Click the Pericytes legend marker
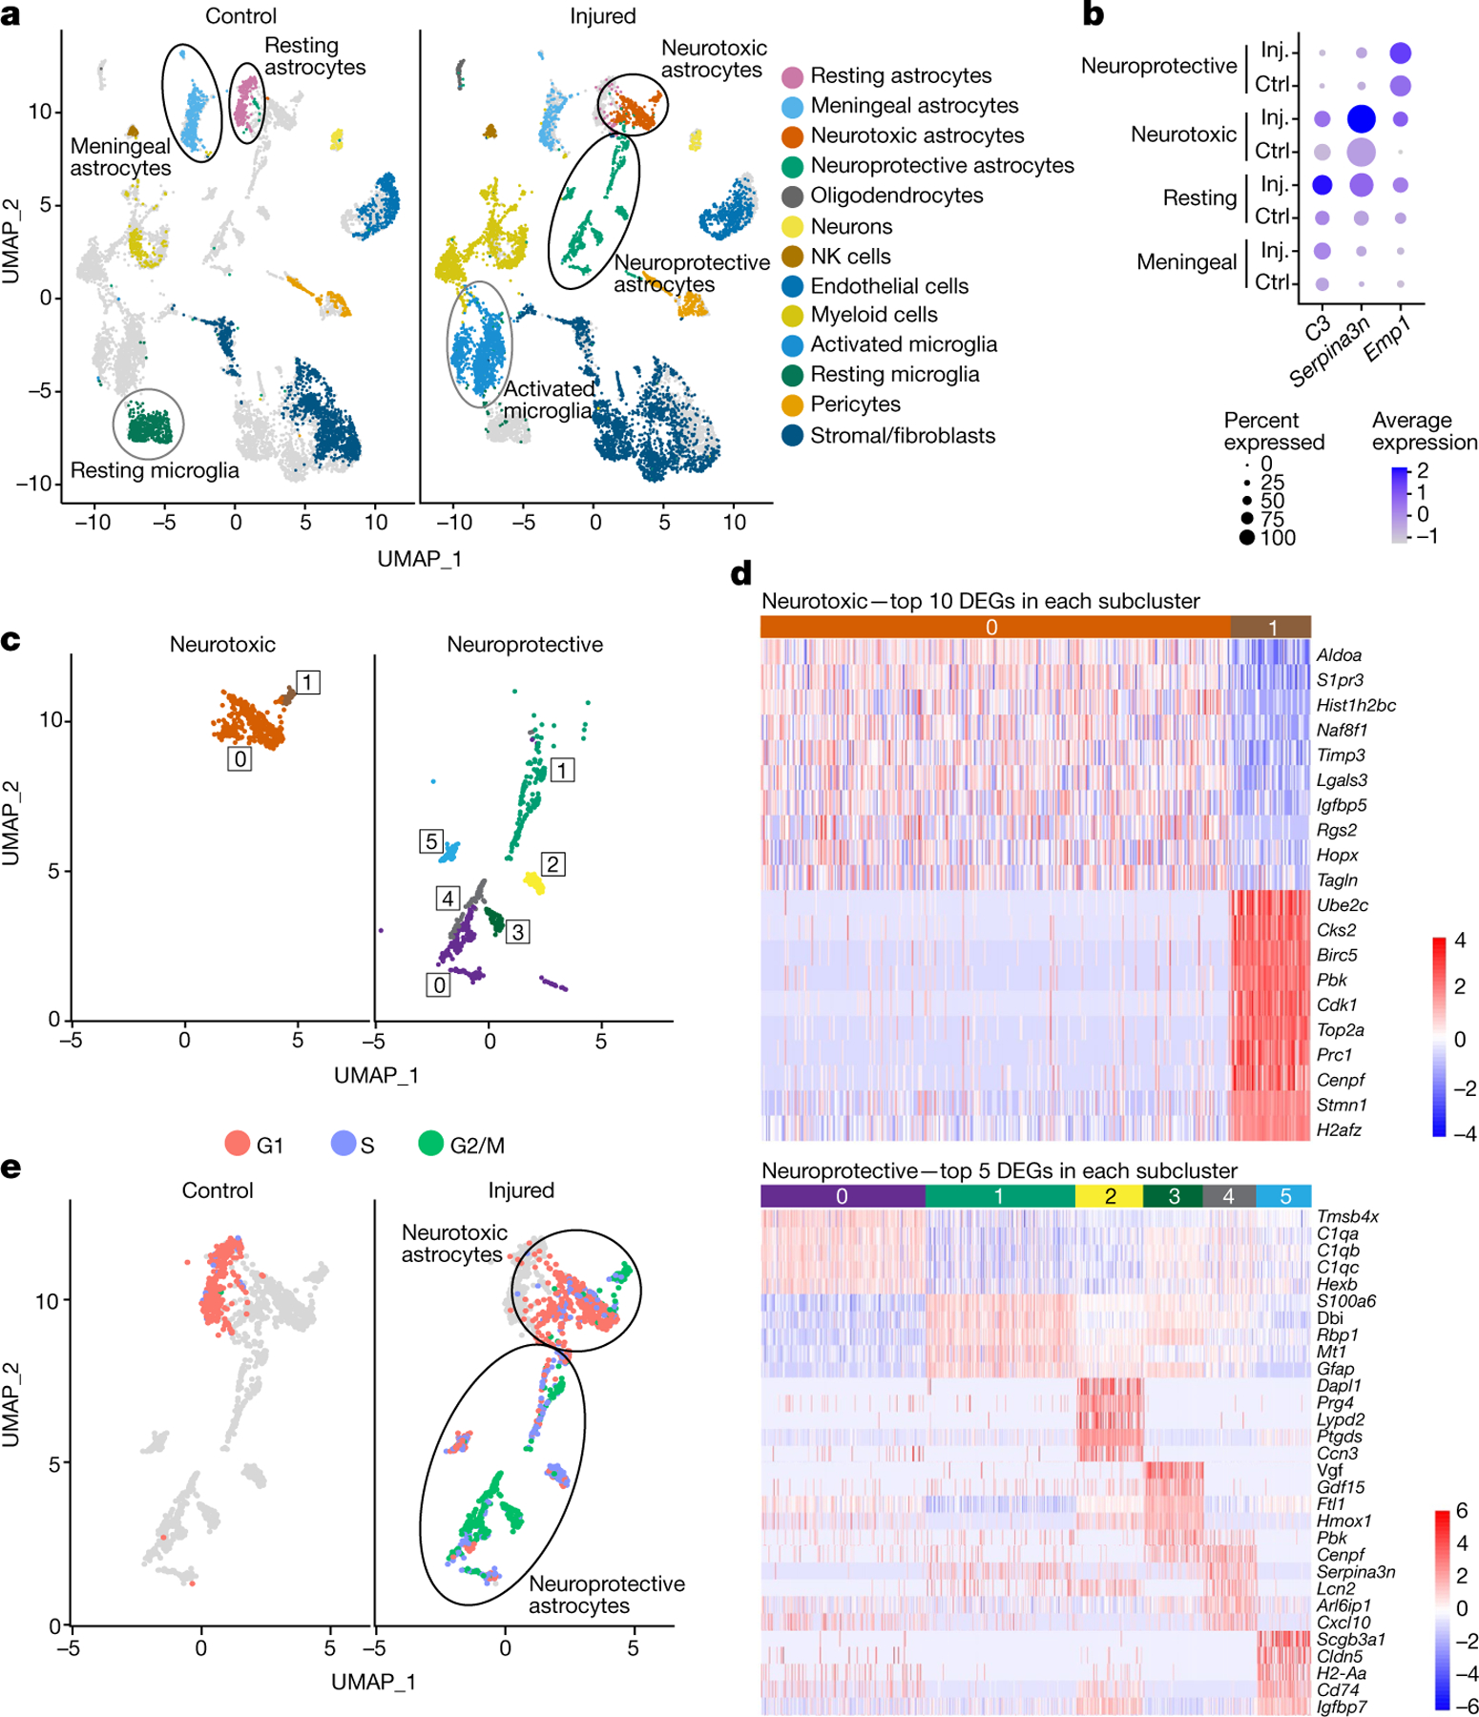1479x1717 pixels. point(792,404)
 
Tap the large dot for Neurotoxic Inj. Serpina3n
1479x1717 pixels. point(1361,119)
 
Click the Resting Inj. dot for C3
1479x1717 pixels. point(1322,184)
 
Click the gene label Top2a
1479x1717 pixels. point(1340,1030)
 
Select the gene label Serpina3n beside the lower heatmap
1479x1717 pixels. point(1356,1572)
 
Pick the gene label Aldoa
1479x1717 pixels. point(1339,655)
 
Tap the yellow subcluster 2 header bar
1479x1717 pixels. point(1109,1196)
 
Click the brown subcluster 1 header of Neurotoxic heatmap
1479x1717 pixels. point(1271,627)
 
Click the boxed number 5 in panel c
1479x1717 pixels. point(431,841)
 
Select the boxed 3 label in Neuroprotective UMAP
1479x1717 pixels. point(517,932)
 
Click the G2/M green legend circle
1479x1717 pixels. point(431,1143)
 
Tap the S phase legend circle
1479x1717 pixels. point(344,1143)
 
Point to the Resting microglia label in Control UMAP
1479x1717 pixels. point(155,470)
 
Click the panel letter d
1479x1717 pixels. point(740,573)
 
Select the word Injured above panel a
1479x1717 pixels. point(602,16)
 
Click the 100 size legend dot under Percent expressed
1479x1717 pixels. point(1247,537)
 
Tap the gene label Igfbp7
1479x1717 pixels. point(1342,1707)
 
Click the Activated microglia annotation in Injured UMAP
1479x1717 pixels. point(548,400)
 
